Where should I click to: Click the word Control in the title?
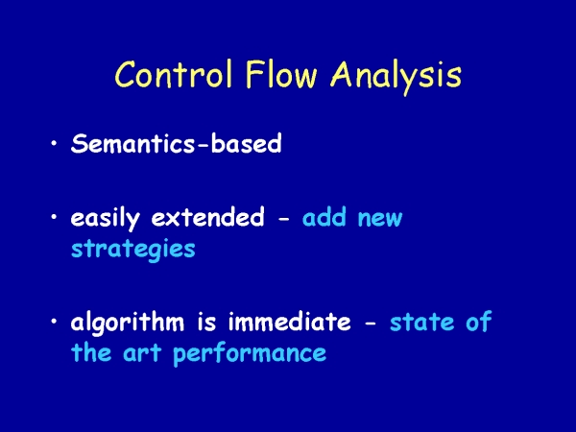[x=174, y=74]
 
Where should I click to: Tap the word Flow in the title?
[x=281, y=74]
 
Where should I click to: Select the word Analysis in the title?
[x=396, y=77]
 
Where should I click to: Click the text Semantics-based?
[x=177, y=143]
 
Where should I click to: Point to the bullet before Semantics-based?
[x=54, y=142]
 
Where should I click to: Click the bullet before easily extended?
[x=54, y=216]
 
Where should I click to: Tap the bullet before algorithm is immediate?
[x=54, y=321]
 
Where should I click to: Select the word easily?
[x=106, y=219]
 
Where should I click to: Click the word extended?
[x=208, y=217]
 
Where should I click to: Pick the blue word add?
[x=324, y=217]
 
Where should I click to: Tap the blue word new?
[x=380, y=219]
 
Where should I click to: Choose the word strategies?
[x=133, y=250]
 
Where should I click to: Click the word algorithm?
[x=127, y=323]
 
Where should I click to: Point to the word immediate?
[x=290, y=322]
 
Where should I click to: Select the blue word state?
[x=421, y=323]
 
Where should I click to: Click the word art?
[x=142, y=353]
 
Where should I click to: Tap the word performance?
[x=250, y=355]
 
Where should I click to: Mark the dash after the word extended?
[x=284, y=219]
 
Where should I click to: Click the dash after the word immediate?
[x=371, y=324]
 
